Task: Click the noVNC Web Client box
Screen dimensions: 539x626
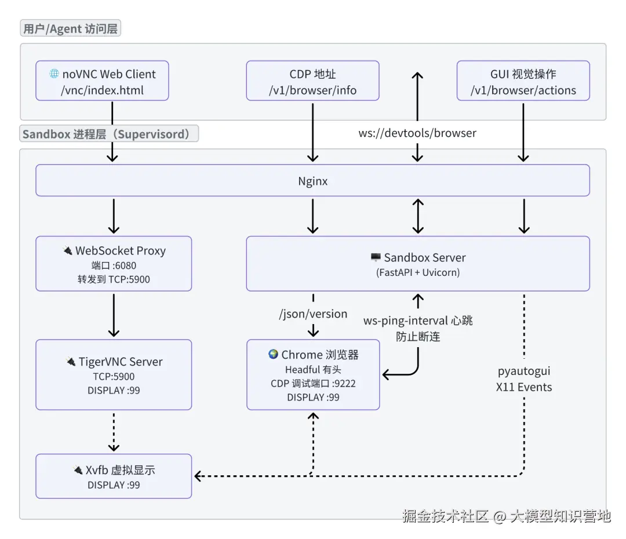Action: [102, 81]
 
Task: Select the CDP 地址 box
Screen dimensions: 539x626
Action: [312, 81]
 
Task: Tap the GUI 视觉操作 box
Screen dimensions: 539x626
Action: [523, 81]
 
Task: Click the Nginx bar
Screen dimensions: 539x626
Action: [312, 181]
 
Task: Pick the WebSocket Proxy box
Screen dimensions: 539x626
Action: [114, 264]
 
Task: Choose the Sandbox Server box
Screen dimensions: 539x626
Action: [418, 264]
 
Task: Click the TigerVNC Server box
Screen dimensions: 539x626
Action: [114, 375]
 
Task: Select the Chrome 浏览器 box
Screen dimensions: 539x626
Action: [313, 375]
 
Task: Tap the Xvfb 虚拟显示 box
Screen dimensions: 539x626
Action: [114, 476]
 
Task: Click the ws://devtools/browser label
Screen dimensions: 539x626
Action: [417, 133]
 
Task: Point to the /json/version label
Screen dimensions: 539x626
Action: [313, 314]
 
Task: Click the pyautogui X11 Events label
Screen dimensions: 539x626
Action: [524, 379]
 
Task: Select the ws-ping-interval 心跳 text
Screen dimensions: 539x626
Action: [418, 321]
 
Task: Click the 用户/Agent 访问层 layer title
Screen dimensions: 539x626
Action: [71, 28]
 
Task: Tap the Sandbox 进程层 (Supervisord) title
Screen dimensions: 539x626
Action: [109, 134]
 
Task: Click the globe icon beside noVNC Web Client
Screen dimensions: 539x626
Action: [54, 74]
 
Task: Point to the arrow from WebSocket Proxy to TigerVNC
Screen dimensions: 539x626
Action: [114, 314]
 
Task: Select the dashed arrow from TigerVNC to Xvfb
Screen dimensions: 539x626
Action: [114, 431]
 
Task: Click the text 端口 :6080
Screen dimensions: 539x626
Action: [114, 266]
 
